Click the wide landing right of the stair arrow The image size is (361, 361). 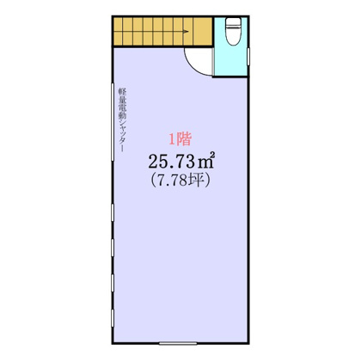tap(202, 33)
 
